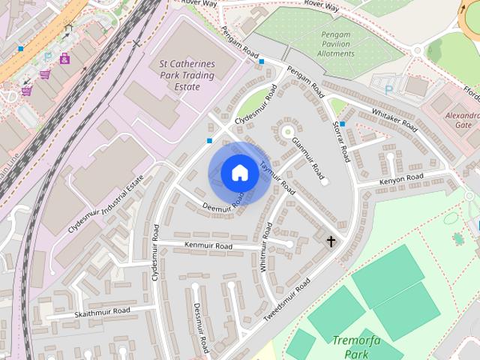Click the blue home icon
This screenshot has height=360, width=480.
pyautogui.click(x=239, y=173)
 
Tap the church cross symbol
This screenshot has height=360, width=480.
pyautogui.click(x=331, y=241)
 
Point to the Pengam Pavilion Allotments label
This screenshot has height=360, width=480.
pyautogui.click(x=337, y=44)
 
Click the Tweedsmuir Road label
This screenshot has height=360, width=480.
pyautogui.click(x=286, y=301)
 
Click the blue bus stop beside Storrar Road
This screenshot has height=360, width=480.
pyautogui.click(x=342, y=124)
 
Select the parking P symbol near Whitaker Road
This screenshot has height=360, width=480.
pyautogui.click(x=388, y=90)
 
